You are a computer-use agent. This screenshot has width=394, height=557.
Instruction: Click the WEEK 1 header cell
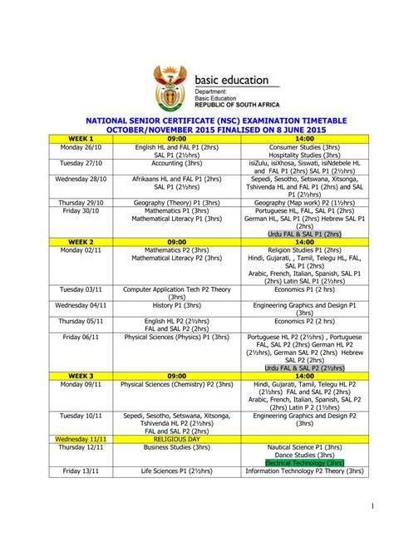pyautogui.click(x=81, y=139)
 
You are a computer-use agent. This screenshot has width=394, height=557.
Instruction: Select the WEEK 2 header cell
pyautogui.click(x=81, y=242)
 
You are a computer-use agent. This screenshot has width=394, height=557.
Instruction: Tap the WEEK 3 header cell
pyautogui.click(x=81, y=376)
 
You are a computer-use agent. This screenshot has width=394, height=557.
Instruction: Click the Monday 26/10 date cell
pyautogui.click(x=81, y=147)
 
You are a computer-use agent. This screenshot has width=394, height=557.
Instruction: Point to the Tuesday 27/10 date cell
pyautogui.click(x=81, y=165)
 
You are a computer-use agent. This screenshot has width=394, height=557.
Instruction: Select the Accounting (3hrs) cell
pyautogui.click(x=176, y=165)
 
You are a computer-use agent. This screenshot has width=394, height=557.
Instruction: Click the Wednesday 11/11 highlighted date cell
pyautogui.click(x=81, y=438)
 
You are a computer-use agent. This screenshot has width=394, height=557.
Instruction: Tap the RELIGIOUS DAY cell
pyautogui.click(x=176, y=438)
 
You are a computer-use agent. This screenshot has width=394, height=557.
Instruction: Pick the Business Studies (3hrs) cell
pyautogui.click(x=176, y=446)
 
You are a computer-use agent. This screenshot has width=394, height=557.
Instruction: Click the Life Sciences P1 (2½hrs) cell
pyautogui.click(x=176, y=471)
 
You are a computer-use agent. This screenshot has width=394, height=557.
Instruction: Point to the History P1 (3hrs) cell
pyautogui.click(x=176, y=305)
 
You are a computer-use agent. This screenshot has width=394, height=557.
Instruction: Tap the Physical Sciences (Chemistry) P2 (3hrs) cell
pyautogui.click(x=176, y=384)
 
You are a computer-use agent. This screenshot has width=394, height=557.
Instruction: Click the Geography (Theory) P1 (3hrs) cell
pyautogui.click(x=176, y=202)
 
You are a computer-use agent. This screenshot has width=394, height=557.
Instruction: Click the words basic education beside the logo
pyautogui.click(x=233, y=80)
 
